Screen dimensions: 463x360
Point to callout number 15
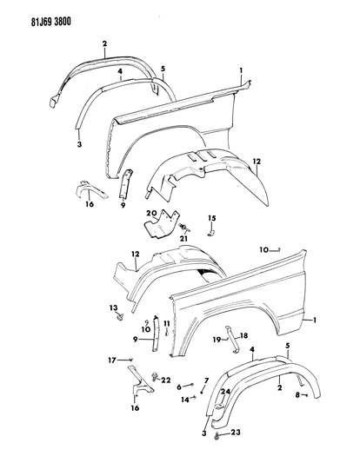(210, 216)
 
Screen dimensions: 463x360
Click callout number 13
(113, 308)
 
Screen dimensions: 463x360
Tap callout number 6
(179, 387)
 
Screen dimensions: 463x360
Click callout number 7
(205, 381)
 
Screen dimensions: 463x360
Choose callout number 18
(244, 334)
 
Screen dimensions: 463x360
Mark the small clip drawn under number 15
(210, 233)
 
